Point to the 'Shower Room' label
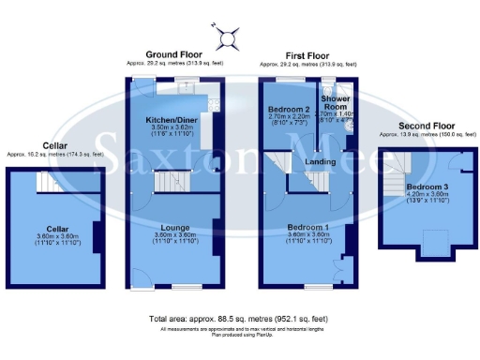[x=335, y=102]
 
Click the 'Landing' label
[x=321, y=161]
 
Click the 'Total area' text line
[x=241, y=320]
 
